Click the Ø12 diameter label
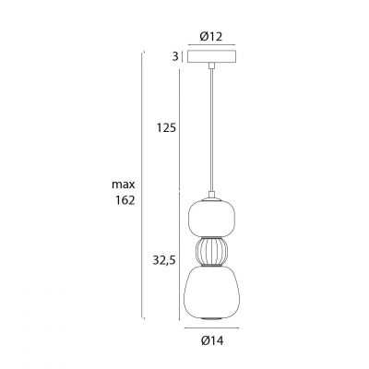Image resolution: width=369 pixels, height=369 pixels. click(210, 36)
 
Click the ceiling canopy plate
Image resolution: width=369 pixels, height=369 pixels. click(210, 56)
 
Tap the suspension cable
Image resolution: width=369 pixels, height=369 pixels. click(210, 129)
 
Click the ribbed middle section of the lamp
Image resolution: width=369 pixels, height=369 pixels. click(210, 252)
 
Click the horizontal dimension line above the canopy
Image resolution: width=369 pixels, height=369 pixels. click(210, 47)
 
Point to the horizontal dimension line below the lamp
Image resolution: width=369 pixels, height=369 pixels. click(210, 328)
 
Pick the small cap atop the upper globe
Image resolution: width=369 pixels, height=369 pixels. click(210, 196)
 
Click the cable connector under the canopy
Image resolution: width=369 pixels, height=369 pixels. click(210, 66)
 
